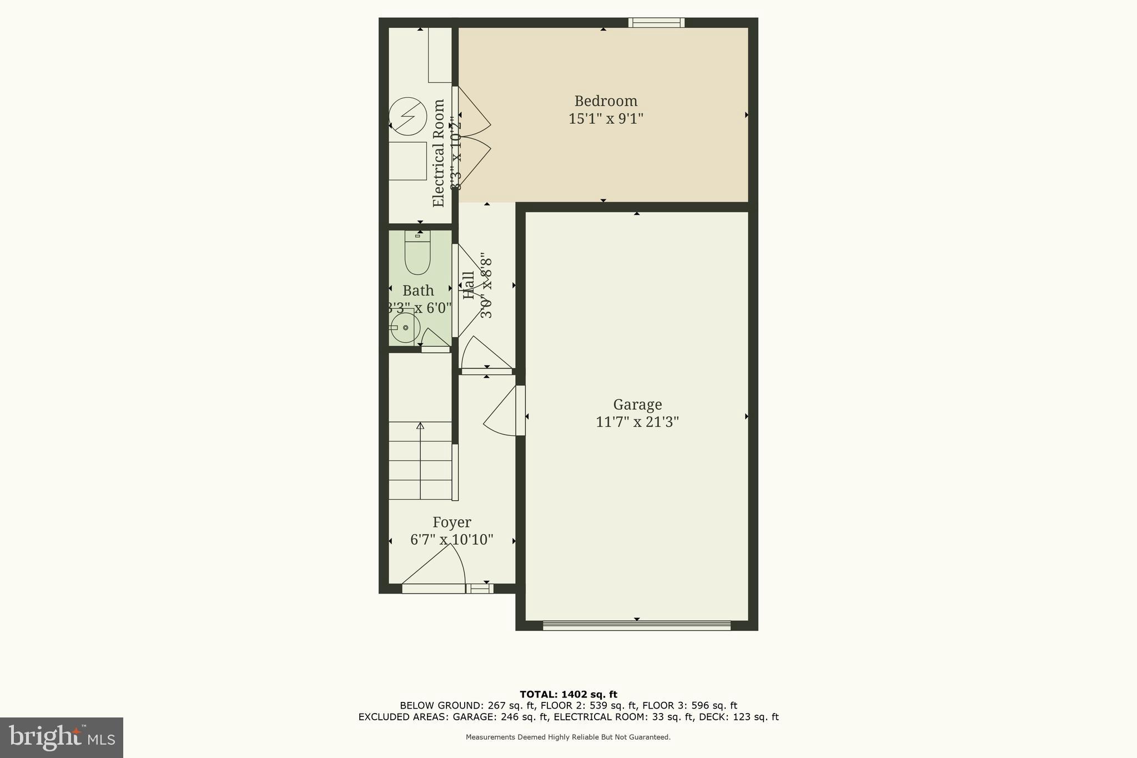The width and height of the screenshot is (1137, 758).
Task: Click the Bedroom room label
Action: (x=606, y=101)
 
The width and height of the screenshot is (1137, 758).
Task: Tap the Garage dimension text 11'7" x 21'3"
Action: (x=637, y=422)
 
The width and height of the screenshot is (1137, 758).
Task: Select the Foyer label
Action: (x=452, y=523)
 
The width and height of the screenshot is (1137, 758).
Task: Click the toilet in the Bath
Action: (x=417, y=253)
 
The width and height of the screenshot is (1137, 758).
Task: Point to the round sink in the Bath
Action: (x=405, y=328)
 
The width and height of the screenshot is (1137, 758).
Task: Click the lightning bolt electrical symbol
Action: (x=408, y=117)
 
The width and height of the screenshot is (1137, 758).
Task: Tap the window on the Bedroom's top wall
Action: (x=656, y=23)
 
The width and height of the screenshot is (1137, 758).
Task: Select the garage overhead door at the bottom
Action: (x=636, y=625)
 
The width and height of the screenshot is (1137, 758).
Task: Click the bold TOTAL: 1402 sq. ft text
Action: (x=568, y=694)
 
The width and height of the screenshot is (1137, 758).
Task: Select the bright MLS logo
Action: (x=62, y=737)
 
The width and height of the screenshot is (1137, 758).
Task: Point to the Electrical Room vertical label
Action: (x=439, y=153)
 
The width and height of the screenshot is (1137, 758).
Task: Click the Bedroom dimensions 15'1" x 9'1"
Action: (x=606, y=119)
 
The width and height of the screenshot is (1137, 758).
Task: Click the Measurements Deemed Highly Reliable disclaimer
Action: (x=568, y=737)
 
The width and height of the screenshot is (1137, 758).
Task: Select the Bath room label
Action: (x=418, y=290)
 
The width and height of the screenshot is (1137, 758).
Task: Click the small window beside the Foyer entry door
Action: (x=480, y=588)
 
